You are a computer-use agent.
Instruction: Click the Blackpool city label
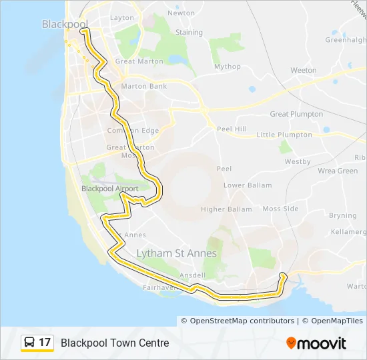tap(60, 24)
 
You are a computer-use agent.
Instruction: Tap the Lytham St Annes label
tap(176, 253)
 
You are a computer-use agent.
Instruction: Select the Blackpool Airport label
tap(109, 189)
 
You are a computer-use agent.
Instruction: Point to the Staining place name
tap(189, 32)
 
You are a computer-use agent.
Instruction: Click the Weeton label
tap(304, 70)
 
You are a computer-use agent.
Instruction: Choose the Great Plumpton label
tap(296, 114)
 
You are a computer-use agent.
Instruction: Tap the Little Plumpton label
tap(284, 135)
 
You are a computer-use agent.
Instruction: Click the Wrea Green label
tap(338, 171)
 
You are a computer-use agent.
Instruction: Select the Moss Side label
tap(280, 209)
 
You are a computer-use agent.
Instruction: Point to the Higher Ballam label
tap(226, 209)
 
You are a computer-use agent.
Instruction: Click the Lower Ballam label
tap(248, 185)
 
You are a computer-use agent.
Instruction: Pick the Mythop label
tap(227, 67)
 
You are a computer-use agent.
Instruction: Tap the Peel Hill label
tap(232, 128)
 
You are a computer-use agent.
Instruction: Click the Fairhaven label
tap(159, 287)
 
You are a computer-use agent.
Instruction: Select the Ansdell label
tap(192, 275)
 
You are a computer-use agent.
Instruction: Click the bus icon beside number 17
tap(30, 343)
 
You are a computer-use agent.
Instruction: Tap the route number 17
tap(45, 343)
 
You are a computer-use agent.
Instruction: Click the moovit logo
tap(316, 343)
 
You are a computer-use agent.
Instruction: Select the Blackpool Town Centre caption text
tap(115, 343)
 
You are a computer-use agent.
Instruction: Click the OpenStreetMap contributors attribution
tap(242, 321)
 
